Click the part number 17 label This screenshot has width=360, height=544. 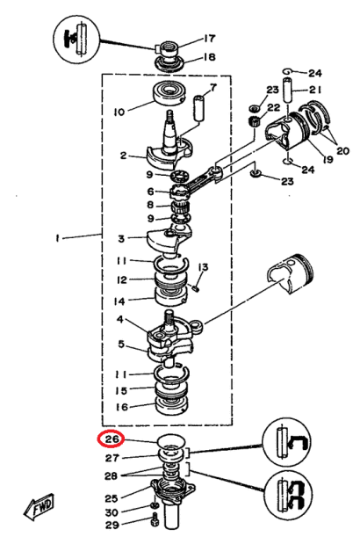[x=210, y=39]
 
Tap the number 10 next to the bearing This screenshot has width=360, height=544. [x=119, y=111]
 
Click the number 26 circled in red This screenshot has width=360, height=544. [x=112, y=439]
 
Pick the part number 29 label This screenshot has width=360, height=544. [x=112, y=526]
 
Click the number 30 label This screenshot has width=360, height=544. [x=112, y=512]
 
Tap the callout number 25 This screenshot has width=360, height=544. [x=112, y=498]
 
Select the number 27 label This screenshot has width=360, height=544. [x=112, y=457]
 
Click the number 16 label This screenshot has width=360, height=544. [x=124, y=407]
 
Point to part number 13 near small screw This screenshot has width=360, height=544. [x=201, y=267]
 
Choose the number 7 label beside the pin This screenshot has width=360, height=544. [x=210, y=89]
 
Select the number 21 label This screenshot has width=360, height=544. [x=315, y=90]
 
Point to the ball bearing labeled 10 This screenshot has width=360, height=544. [x=166, y=93]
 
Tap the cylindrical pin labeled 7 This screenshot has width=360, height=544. [x=198, y=111]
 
